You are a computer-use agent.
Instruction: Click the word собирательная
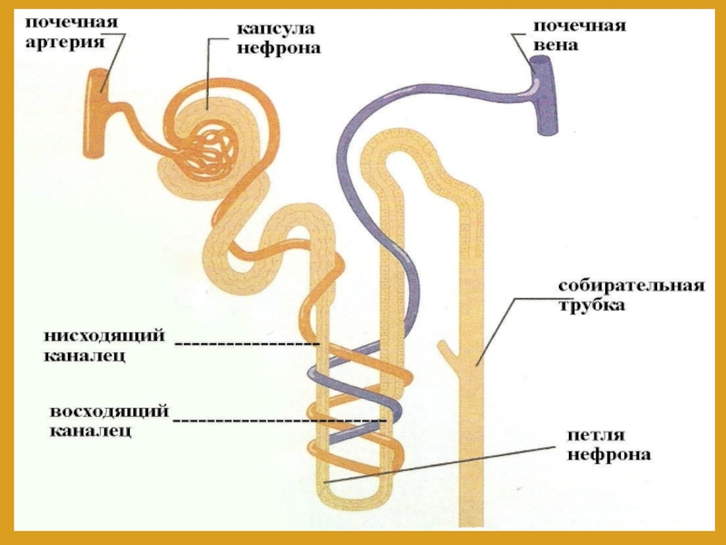click(x=631, y=287)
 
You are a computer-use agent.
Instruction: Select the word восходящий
click(x=109, y=413)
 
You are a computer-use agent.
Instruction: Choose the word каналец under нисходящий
click(x=84, y=357)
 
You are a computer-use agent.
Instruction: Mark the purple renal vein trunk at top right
click(x=542, y=94)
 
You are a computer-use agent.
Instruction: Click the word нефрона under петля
click(x=608, y=453)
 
